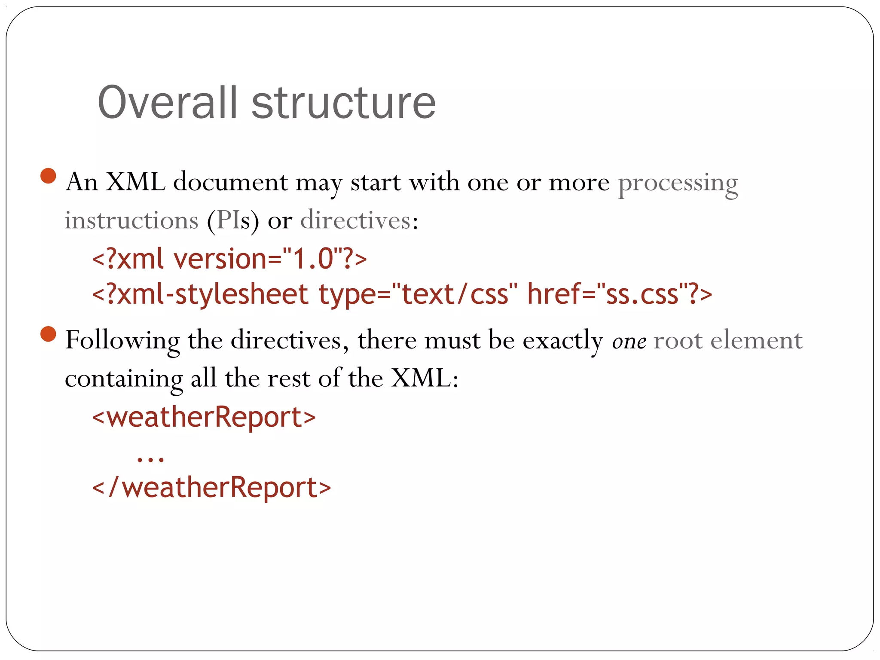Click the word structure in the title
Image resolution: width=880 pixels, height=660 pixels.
coord(344,103)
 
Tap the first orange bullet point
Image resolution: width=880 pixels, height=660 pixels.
coord(48,176)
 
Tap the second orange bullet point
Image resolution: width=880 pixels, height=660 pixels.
coord(48,334)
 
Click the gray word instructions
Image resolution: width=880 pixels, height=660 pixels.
coord(131,221)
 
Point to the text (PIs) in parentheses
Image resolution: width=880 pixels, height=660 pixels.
coord(233,221)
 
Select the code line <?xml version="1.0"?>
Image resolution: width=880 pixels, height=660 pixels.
coord(229,259)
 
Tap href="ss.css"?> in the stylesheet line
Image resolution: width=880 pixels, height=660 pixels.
coord(619,294)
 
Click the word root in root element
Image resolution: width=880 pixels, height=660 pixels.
coord(678,341)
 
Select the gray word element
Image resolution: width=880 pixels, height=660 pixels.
coord(756,341)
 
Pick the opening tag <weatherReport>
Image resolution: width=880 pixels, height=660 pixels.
coord(204,417)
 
